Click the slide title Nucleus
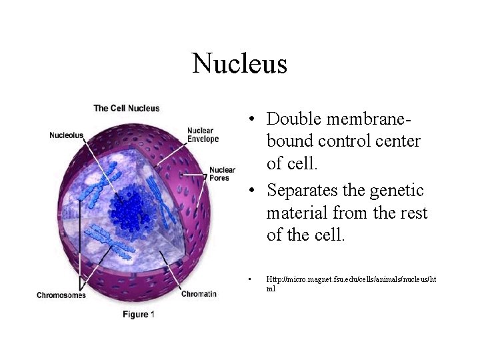click(239, 64)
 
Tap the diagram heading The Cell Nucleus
click(126, 108)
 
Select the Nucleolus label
click(67, 135)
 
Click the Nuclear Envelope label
click(203, 135)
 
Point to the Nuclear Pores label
click(222, 174)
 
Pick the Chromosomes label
click(61, 295)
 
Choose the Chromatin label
click(199, 294)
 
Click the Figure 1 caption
click(139, 314)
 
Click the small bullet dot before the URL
click(247, 279)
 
